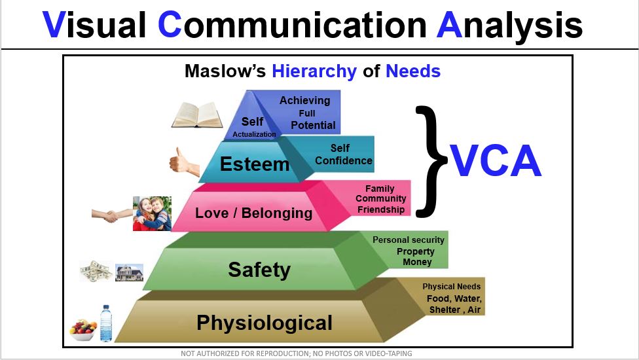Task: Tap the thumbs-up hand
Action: [184, 162]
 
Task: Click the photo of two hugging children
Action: [152, 213]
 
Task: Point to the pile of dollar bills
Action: [96, 271]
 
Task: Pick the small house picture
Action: [129, 272]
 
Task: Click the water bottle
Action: [106, 323]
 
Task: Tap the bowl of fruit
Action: [83, 330]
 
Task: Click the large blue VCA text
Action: [495, 161]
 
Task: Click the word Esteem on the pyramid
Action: [255, 164]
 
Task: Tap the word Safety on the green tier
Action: [259, 270]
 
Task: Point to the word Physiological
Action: [265, 323]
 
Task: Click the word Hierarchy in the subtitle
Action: [314, 72]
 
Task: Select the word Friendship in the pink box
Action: [381, 209]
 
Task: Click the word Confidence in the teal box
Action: [344, 160]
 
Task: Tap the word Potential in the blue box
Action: [313, 126]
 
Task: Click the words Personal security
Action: [409, 240]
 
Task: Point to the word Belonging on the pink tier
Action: [277, 213]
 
